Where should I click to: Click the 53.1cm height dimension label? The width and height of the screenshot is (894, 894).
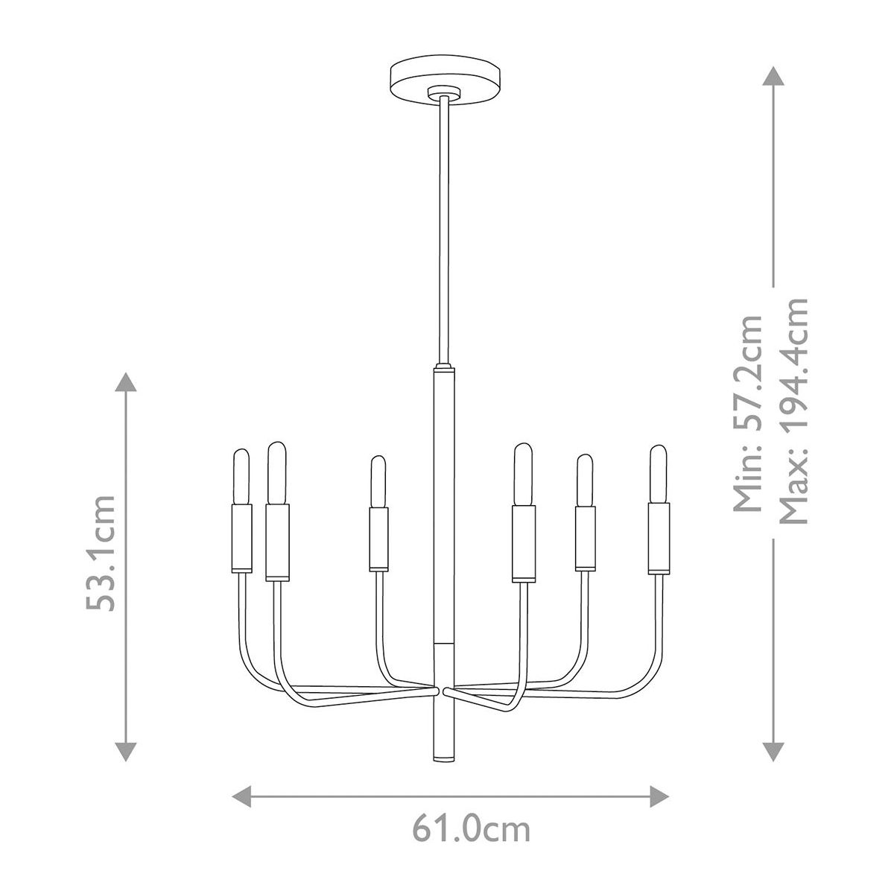click(101, 553)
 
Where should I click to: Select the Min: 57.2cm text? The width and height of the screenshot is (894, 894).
click(747, 413)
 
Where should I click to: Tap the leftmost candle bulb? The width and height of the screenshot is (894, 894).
click(241, 477)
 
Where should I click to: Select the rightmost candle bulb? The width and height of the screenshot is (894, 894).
click(659, 474)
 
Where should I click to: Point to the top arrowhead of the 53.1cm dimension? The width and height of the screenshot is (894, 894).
click(126, 382)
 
